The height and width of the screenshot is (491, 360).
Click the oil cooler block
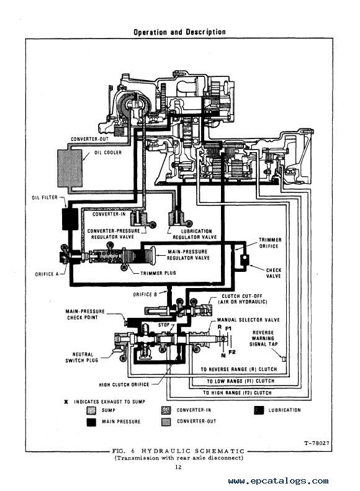[70, 168]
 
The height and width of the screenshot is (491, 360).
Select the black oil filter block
[70, 219]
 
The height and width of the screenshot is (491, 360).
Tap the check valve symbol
[244, 259]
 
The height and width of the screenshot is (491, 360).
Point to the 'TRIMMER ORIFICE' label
[269, 243]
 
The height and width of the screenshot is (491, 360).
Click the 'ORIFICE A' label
[47, 274]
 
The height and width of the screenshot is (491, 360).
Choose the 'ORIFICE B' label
[145, 294]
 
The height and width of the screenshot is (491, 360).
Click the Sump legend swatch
[91, 410]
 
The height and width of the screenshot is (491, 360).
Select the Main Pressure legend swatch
[91, 422]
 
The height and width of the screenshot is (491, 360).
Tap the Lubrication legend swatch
[259, 410]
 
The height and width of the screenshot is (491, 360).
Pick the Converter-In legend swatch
[166, 410]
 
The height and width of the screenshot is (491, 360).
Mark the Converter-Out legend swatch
[166, 422]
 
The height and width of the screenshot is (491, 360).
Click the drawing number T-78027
[317, 443]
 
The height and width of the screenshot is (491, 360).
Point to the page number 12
[178, 467]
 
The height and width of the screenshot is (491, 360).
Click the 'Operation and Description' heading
[179, 32]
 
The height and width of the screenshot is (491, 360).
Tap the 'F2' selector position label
[232, 352]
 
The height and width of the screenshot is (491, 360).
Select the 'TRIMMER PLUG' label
[158, 273]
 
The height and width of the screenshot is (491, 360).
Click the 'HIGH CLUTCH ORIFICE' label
[124, 384]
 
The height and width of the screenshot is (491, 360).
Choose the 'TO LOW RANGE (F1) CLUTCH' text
[240, 381]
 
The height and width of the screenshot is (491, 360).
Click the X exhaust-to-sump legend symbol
[66, 402]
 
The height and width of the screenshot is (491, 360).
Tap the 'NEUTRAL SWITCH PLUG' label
[82, 358]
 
